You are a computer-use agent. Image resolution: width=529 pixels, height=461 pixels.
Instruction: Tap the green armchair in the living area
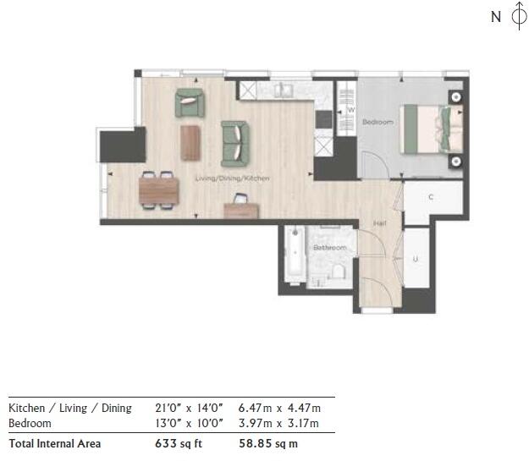pos(190,103)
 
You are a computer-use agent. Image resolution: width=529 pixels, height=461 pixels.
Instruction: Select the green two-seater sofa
pos(235,143)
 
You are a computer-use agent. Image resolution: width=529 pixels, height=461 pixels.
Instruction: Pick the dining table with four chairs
pos(158,189)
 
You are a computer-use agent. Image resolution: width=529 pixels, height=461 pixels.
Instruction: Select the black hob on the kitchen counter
pos(322,120)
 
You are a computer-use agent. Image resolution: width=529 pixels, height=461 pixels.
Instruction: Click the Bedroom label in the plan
pos(377,123)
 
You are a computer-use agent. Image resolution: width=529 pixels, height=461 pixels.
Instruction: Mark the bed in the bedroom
pos(432,129)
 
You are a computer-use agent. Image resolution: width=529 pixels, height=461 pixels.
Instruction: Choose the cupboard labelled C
pos(431,198)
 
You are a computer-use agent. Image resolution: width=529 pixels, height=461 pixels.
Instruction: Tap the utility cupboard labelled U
pos(416,259)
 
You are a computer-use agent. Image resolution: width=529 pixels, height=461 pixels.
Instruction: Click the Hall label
pos(380,223)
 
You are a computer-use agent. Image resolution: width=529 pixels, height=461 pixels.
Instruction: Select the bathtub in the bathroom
pos(293,255)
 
